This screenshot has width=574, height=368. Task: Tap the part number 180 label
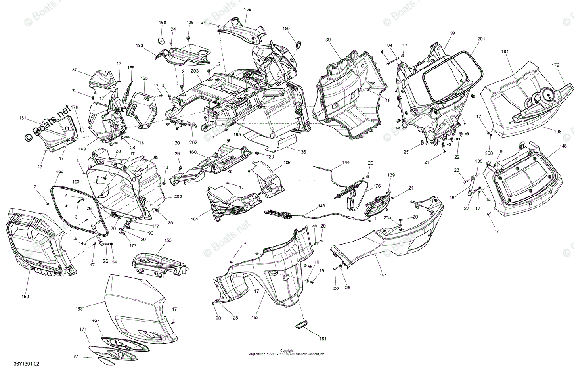286,29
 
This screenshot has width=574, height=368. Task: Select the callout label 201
481,38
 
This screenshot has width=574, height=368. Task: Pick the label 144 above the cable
346,163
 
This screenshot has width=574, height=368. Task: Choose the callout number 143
321,206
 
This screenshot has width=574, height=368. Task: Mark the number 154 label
383,275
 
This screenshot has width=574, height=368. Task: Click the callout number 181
323,339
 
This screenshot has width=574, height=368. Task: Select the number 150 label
25,297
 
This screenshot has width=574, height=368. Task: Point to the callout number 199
59,172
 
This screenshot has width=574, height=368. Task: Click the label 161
22,117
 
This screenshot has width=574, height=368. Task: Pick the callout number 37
74,70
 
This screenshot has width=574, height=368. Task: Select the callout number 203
194,71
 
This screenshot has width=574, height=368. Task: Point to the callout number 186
287,163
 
